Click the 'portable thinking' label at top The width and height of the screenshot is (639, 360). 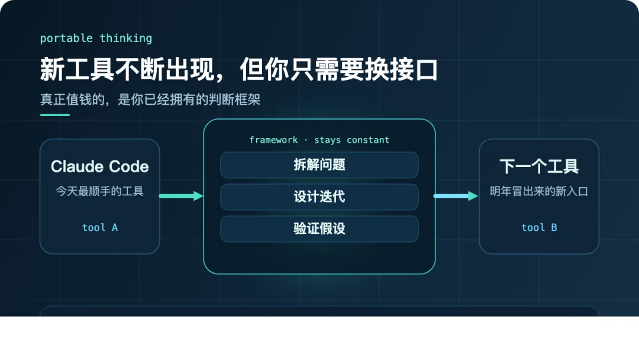pyautogui.click(x=96, y=38)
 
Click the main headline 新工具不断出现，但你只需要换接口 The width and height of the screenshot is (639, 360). pyautogui.click(x=239, y=69)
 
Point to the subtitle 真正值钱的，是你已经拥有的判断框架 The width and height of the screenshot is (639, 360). pyautogui.click(x=150, y=99)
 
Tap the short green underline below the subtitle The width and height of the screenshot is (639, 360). pyautogui.click(x=55, y=115)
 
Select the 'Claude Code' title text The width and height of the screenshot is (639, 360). pyautogui.click(x=100, y=166)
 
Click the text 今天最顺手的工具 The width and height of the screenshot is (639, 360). pyautogui.click(x=100, y=191)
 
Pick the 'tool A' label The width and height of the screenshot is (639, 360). pyautogui.click(x=100, y=227)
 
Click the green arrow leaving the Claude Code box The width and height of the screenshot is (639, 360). pyautogui.click(x=181, y=196)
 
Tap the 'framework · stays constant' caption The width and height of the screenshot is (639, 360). pyautogui.click(x=319, y=140)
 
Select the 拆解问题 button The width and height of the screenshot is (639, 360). pyautogui.click(x=319, y=165)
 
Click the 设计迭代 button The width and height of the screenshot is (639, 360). pyautogui.click(x=319, y=197)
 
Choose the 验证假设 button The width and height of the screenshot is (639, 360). pyautogui.click(x=319, y=229)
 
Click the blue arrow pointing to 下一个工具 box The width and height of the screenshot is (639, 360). pyautogui.click(x=456, y=196)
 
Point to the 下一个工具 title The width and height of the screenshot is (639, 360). pyautogui.click(x=539, y=166)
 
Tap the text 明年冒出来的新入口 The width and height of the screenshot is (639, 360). pyautogui.click(x=539, y=191)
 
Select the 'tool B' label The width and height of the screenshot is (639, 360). pyautogui.click(x=539, y=227)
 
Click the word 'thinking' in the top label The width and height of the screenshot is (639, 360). pyautogui.click(x=126, y=38)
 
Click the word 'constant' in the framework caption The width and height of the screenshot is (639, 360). pyautogui.click(x=368, y=140)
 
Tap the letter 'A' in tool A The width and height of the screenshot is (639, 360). pyautogui.click(x=115, y=227)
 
